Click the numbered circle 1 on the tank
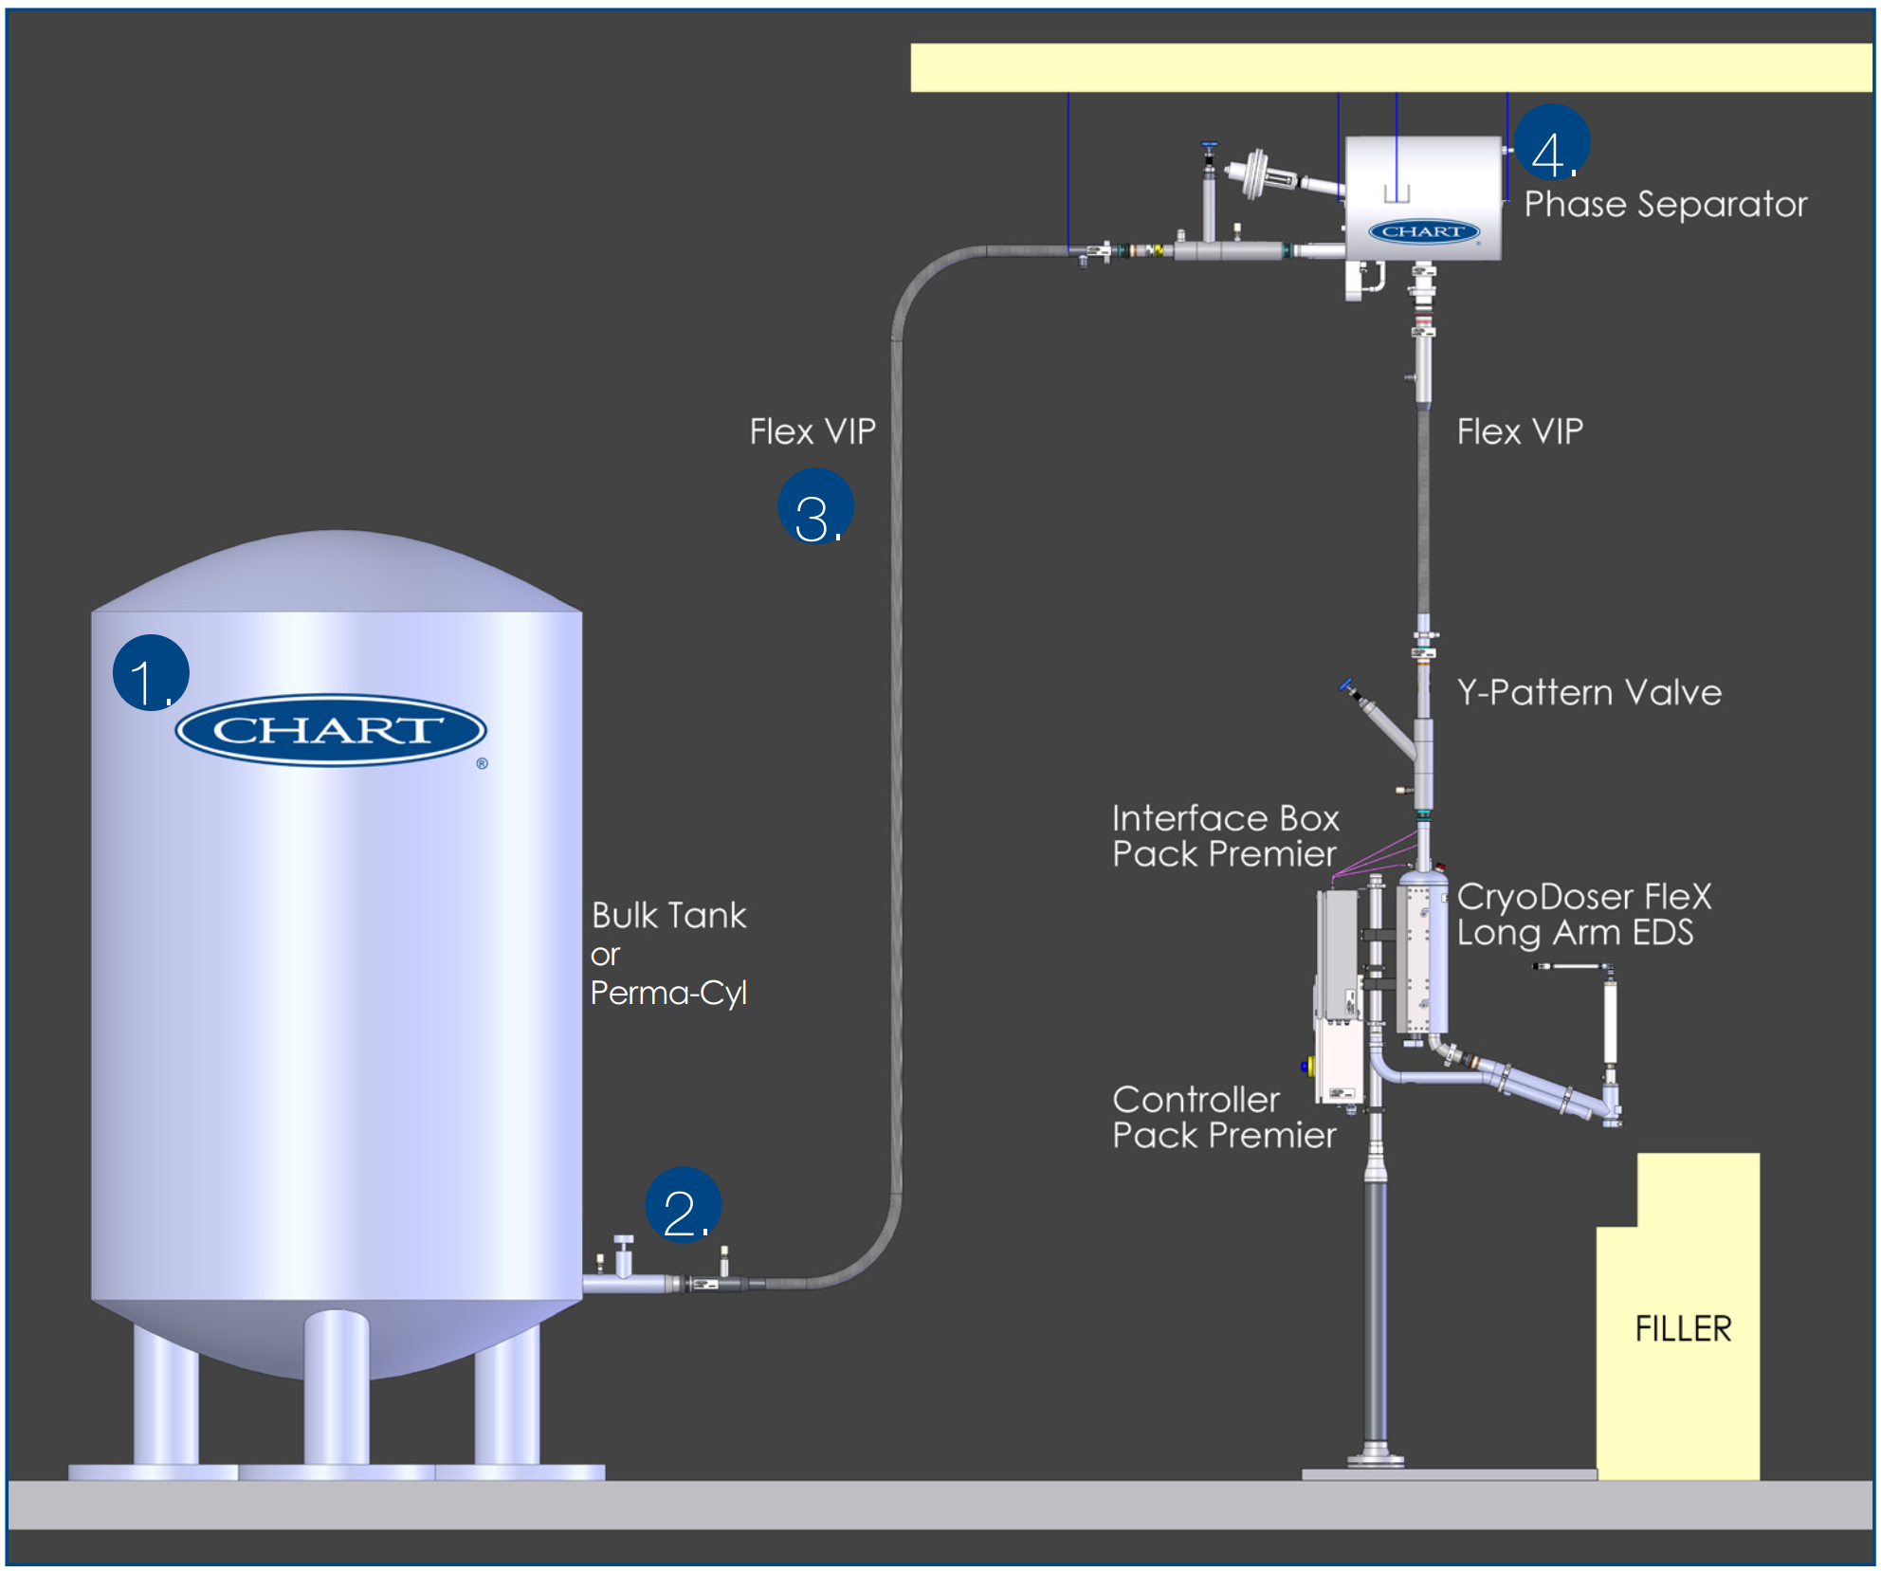[151, 672]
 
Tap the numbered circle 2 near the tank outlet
[683, 1204]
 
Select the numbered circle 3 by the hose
[815, 506]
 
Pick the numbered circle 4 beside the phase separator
[1551, 142]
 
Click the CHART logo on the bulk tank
[330, 730]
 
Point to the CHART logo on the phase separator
[1423, 231]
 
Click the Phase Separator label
[1665, 205]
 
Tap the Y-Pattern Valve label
[1589, 692]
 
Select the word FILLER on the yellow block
[1683, 1328]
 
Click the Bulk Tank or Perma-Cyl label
[668, 954]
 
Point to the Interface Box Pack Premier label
[1225, 836]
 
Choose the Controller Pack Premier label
[1223, 1117]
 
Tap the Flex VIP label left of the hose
[813, 431]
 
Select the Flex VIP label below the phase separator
[1520, 431]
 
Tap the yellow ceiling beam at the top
[1390, 67]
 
